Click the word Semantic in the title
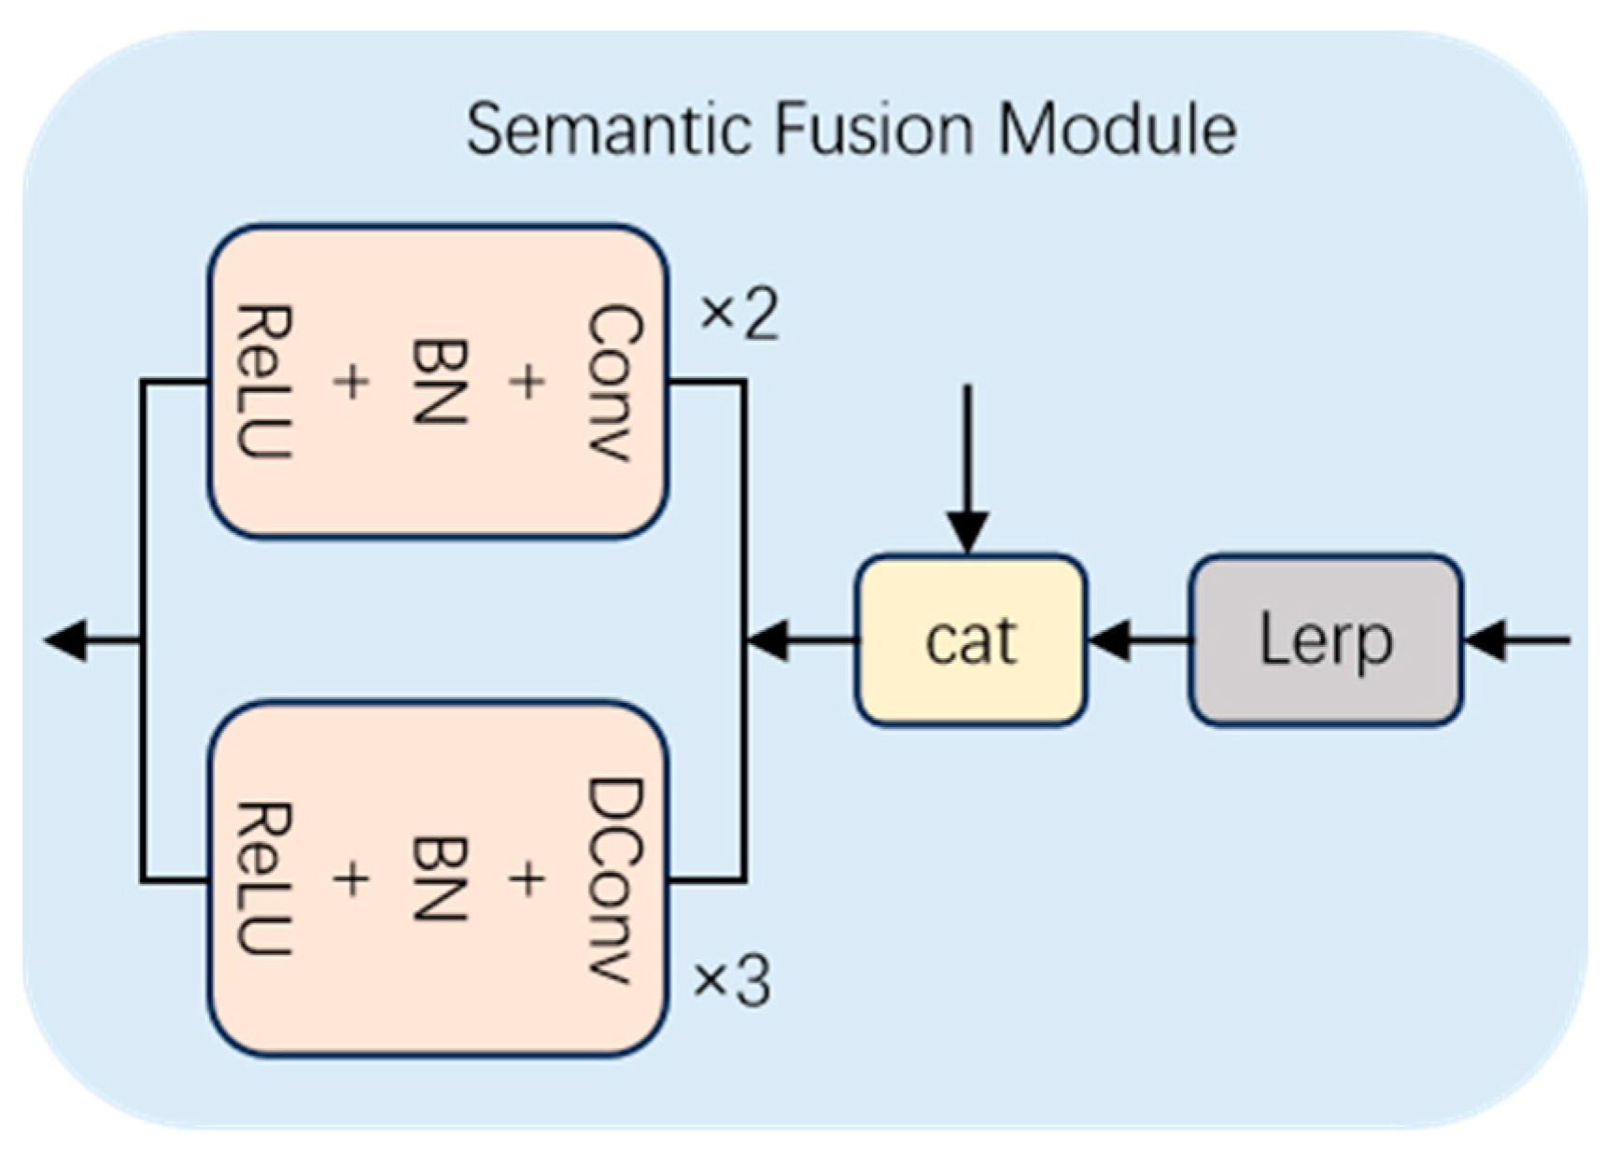pos(608,130)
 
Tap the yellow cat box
pos(970,640)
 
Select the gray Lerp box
pos(1325,640)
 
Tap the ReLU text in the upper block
pos(264,382)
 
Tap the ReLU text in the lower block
pos(264,879)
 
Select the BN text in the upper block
pos(439,382)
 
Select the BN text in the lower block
pos(439,879)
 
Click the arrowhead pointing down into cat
pos(968,534)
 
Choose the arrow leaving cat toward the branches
pos(800,641)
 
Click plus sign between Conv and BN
pos(528,382)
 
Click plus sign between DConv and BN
pos(528,879)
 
